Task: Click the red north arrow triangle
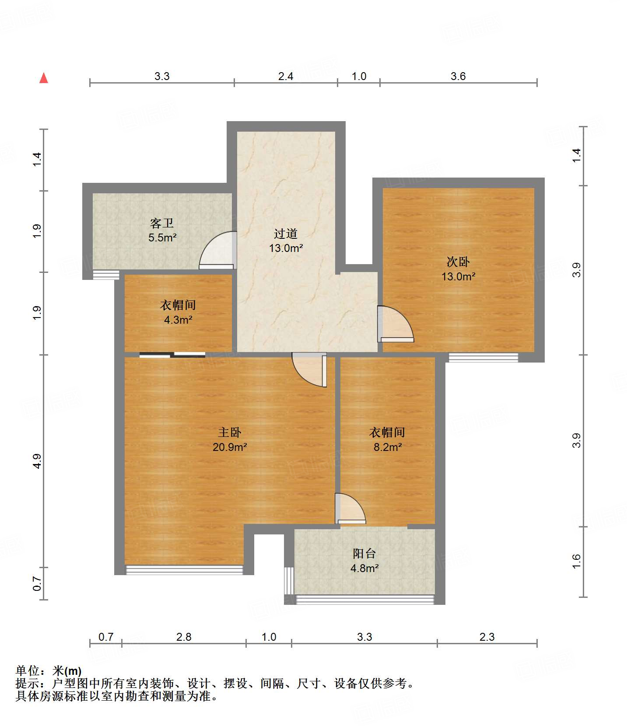coord(44,78)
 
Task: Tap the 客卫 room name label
coord(162,223)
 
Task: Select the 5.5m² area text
coord(162,238)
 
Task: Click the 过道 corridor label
coord(286,234)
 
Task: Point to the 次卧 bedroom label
coord(458,262)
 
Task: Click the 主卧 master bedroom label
coord(230,432)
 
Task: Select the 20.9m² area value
coord(230,447)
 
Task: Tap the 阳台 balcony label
coord(364,553)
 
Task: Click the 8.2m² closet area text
coord(388,447)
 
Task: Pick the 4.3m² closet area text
coord(178,320)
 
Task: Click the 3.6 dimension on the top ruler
coord(458,76)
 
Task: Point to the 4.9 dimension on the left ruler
coord(37,461)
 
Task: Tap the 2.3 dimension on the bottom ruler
coord(487,637)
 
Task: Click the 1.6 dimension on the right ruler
coord(576,561)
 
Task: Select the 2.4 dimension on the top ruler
coord(286,76)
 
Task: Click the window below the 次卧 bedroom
coord(483,358)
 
